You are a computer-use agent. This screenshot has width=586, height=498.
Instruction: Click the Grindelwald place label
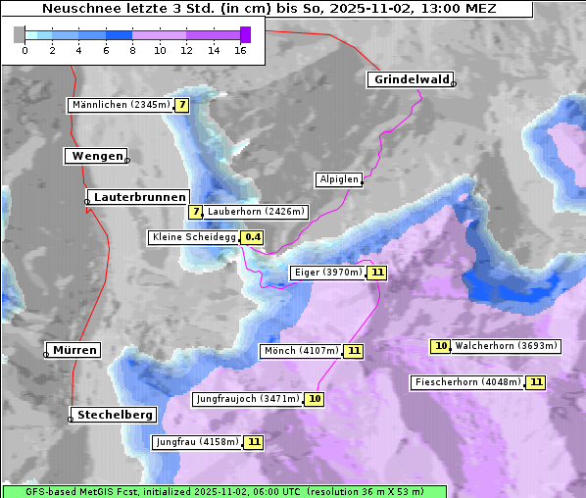(411, 79)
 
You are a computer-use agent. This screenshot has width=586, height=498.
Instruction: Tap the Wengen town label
(95, 156)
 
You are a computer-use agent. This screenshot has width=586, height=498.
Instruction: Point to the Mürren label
(74, 350)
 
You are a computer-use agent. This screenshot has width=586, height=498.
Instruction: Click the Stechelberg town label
(115, 415)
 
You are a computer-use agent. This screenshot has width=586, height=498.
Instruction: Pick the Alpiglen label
(339, 179)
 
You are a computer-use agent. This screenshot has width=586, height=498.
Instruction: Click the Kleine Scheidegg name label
(193, 237)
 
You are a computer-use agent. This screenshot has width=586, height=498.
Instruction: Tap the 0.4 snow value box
(253, 237)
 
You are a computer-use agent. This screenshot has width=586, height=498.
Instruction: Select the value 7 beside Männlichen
(181, 104)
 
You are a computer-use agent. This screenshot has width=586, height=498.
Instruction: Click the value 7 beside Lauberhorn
(195, 211)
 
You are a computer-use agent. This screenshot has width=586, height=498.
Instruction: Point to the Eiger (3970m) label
(327, 273)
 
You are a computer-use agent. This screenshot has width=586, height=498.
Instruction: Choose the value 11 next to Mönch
(354, 351)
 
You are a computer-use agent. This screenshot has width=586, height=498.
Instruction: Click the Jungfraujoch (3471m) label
(247, 399)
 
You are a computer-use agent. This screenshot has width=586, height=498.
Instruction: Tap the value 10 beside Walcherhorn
(441, 345)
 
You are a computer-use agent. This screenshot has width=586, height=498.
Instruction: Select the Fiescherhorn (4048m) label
(467, 382)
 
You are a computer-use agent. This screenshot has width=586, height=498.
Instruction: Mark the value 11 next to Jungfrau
(254, 442)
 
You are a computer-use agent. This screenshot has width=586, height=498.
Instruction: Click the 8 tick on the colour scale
(132, 50)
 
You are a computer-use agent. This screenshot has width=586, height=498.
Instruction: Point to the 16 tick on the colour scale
(240, 50)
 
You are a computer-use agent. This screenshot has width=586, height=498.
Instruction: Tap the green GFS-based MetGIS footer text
(223, 490)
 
